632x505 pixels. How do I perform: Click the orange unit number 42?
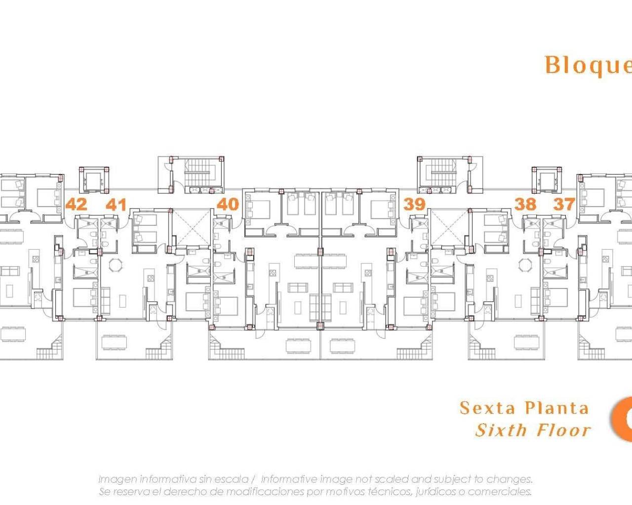coord(76,204)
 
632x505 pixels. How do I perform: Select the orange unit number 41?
coord(116,204)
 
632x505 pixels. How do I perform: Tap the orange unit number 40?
coord(228,204)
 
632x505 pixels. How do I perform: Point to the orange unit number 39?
coord(414,204)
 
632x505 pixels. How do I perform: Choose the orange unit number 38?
coord(525,204)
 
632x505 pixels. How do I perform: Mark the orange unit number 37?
coord(564,204)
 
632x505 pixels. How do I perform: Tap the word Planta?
coord(557,408)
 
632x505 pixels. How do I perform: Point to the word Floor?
coord(564,430)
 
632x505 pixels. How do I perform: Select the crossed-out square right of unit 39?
coord(449,226)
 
